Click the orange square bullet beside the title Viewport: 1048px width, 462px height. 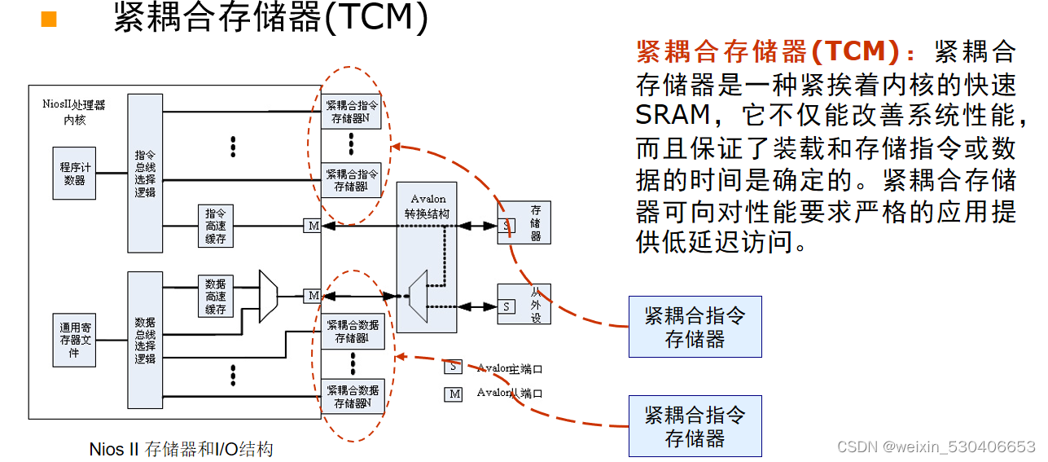pos(49,19)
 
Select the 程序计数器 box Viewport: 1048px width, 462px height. pos(74,174)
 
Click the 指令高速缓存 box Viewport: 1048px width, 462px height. pos(216,226)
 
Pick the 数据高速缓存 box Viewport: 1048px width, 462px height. pos(216,297)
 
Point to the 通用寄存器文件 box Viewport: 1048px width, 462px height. pos(74,340)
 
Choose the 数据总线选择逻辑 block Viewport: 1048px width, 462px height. pos(145,340)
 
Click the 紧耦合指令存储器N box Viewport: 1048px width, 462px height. pos(352,112)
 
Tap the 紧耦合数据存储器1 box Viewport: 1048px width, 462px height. pos(352,331)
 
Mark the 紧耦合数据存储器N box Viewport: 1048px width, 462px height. pos(352,396)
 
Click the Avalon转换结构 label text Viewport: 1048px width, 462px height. pos(428,205)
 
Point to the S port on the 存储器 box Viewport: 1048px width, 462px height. pos(506,225)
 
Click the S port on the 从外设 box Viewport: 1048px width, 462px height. pos(506,306)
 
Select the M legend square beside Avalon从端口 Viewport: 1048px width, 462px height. pos(453,394)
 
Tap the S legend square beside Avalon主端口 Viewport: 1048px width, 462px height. pos(453,367)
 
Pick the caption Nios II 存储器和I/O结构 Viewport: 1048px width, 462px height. pos(181,449)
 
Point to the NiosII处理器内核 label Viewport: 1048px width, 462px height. pos(74,112)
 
